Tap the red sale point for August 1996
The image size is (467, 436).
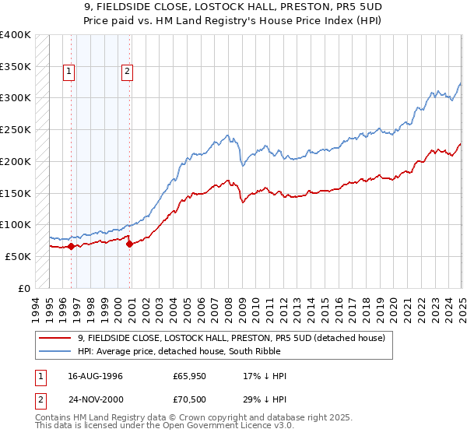point(71,246)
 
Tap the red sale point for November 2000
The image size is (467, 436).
point(129,244)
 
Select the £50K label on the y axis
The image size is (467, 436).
point(18,256)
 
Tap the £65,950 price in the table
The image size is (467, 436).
point(191,376)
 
